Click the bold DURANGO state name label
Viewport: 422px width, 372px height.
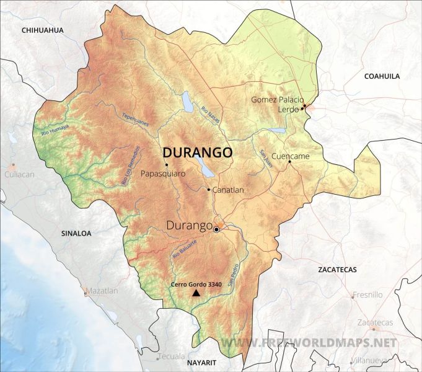(197, 153)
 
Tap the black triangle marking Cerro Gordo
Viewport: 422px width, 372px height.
(196, 293)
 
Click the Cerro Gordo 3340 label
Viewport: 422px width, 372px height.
(196, 284)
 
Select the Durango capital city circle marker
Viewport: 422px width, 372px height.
(216, 230)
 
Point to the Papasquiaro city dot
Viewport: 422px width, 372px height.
(167, 164)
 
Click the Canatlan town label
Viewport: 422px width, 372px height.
(228, 190)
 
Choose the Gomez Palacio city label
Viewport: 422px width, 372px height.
(277, 99)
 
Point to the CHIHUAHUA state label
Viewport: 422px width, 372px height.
(43, 30)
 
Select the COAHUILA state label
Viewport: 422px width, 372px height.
(382, 76)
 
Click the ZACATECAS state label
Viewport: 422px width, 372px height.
(337, 270)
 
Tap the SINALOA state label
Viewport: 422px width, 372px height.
(76, 234)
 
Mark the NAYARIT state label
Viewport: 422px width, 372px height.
(203, 361)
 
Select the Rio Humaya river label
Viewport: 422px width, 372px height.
(55, 131)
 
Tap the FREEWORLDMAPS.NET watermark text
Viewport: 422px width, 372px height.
(308, 343)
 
